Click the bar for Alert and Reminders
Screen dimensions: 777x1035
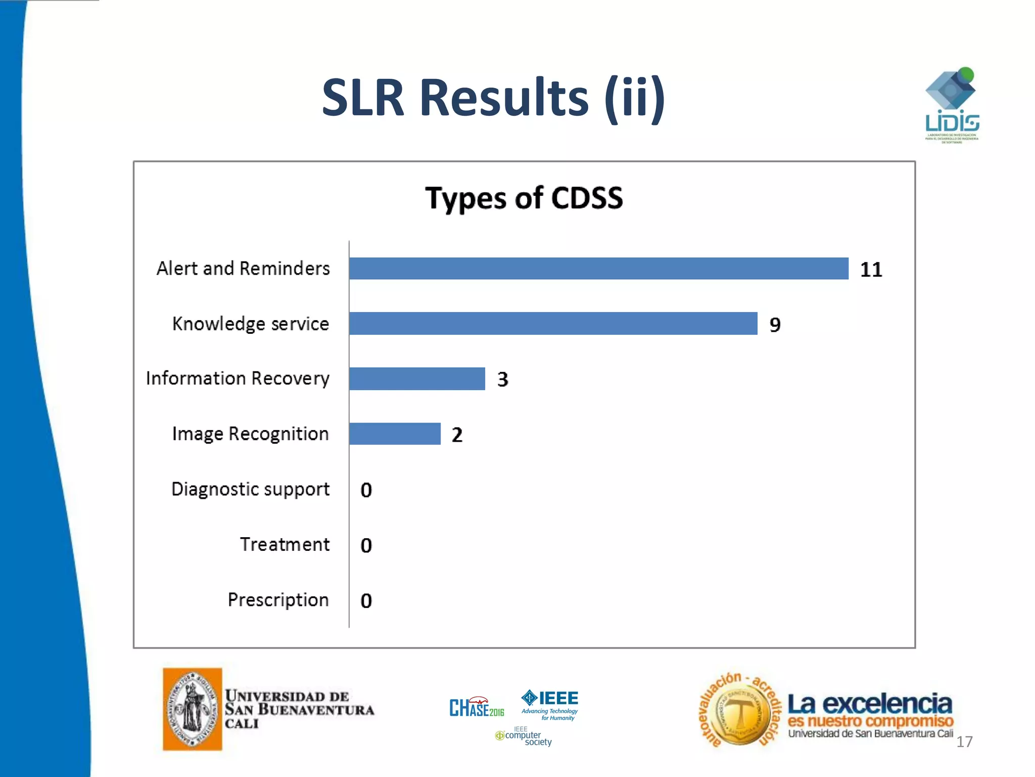tap(598, 268)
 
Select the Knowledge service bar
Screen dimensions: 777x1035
tap(553, 323)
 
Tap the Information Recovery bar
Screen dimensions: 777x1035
tap(417, 378)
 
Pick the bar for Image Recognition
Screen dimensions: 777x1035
tap(395, 434)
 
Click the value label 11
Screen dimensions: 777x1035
tap(871, 270)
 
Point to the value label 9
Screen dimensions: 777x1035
tap(775, 325)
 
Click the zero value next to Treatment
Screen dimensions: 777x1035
tap(366, 545)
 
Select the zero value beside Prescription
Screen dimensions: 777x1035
tap(366, 600)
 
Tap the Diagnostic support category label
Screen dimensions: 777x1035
tap(250, 489)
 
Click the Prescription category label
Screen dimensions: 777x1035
tap(278, 600)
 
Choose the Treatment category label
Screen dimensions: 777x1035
tap(285, 544)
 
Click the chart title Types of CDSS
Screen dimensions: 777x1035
tap(524, 198)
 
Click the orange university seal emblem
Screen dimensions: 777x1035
tap(193, 709)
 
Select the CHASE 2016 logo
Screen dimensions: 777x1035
tap(477, 707)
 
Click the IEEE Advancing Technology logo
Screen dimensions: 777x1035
tap(550, 705)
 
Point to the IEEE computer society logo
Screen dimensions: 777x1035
tap(524, 737)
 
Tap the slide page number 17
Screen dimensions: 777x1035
tap(964, 742)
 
